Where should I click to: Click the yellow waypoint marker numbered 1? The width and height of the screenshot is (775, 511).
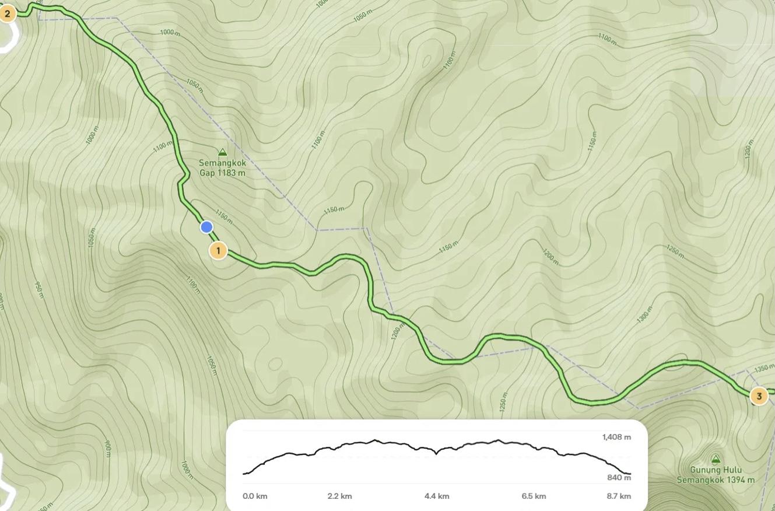pyautogui.click(x=218, y=251)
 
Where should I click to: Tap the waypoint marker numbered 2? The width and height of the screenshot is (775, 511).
pyautogui.click(x=7, y=13)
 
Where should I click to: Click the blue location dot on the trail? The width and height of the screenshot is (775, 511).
pyautogui.click(x=206, y=227)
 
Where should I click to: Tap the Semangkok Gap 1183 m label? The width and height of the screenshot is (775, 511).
pyautogui.click(x=222, y=168)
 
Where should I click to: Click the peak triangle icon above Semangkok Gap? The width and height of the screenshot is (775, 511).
pyautogui.click(x=222, y=153)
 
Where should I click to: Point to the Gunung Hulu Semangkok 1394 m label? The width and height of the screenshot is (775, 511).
pyautogui.click(x=716, y=475)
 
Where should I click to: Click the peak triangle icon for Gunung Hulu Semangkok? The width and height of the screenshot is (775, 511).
pyautogui.click(x=716, y=459)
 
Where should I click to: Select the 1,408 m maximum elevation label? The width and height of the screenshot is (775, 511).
pyautogui.click(x=616, y=437)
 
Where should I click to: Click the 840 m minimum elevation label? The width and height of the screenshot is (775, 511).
pyautogui.click(x=619, y=478)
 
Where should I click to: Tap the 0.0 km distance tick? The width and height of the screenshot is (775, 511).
pyautogui.click(x=255, y=496)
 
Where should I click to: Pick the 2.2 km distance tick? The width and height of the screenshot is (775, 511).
pyautogui.click(x=339, y=496)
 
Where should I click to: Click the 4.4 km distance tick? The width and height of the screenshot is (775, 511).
pyautogui.click(x=437, y=496)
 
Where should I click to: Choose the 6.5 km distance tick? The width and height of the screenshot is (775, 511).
pyautogui.click(x=534, y=496)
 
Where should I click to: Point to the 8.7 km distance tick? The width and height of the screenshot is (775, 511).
pyautogui.click(x=619, y=496)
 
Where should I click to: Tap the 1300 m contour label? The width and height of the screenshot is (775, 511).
pyautogui.click(x=644, y=314)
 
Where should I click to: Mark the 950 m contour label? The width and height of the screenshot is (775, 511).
pyautogui.click(x=39, y=290)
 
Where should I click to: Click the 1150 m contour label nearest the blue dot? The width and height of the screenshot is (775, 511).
pyautogui.click(x=224, y=216)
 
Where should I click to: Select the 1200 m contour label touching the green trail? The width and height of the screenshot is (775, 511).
pyautogui.click(x=397, y=331)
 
